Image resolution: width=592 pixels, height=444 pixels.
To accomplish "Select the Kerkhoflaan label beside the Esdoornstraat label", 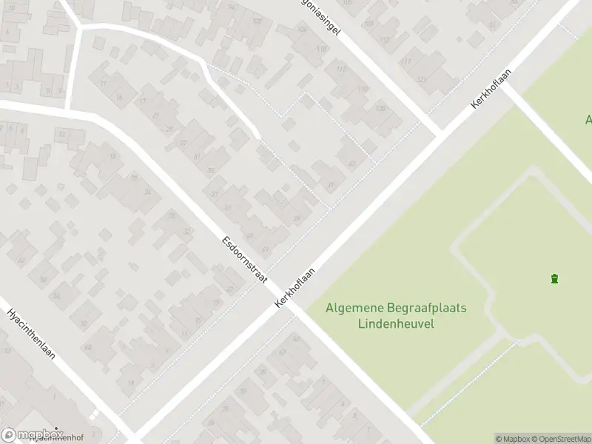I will [x=295, y=288].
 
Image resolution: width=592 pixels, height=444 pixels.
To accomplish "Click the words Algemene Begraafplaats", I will [x=396, y=308].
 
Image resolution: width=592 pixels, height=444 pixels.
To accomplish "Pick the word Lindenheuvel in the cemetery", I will [x=396, y=323].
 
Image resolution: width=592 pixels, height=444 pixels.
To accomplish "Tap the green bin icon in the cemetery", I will [x=554, y=278].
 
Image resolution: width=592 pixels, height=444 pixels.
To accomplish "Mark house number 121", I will [x=422, y=79].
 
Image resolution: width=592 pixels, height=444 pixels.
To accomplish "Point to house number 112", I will [x=340, y=69].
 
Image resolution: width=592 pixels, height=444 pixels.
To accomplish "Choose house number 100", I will [x=257, y=21].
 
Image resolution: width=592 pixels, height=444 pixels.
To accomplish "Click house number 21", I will [x=155, y=115].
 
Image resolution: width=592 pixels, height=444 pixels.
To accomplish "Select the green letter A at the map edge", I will [x=588, y=119].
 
